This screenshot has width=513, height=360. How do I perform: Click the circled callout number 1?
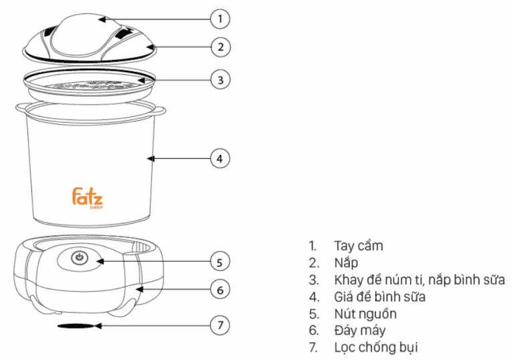(x=220, y=19)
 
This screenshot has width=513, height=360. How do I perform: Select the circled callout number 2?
(x=220, y=47)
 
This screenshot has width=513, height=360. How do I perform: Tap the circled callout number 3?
(x=220, y=79)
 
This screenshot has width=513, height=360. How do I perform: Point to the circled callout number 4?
(x=220, y=159)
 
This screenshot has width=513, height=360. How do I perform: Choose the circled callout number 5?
(x=220, y=262)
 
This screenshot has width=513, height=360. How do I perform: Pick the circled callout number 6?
(x=220, y=290)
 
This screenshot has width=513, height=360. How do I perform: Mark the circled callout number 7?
(x=220, y=325)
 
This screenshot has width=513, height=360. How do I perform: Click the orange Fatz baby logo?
(x=88, y=198)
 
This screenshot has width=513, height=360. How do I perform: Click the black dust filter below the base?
(x=76, y=326)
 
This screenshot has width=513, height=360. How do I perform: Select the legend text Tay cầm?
(x=358, y=246)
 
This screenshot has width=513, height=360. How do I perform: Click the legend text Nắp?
(x=346, y=262)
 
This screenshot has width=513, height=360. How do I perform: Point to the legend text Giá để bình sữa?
(x=379, y=297)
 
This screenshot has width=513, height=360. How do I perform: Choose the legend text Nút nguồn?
(x=365, y=314)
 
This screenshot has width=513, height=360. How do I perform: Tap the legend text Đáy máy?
(x=359, y=331)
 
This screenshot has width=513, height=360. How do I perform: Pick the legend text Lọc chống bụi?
(x=376, y=347)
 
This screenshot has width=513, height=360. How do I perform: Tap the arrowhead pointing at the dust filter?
(x=98, y=326)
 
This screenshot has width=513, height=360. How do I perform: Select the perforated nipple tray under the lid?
(x=89, y=85)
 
